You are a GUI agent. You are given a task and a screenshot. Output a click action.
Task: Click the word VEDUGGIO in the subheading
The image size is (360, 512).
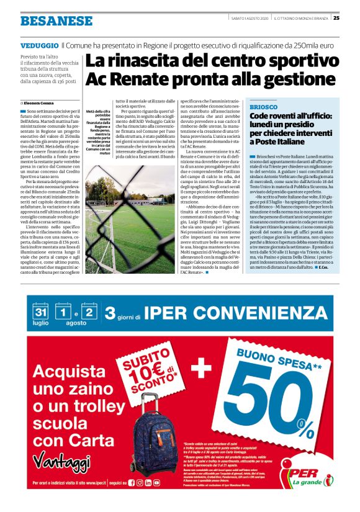pos(39,46)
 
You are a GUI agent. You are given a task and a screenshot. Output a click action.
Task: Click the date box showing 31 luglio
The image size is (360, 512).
pos(42,313)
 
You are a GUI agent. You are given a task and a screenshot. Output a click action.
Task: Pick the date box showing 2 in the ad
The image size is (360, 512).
pos(90,313)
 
